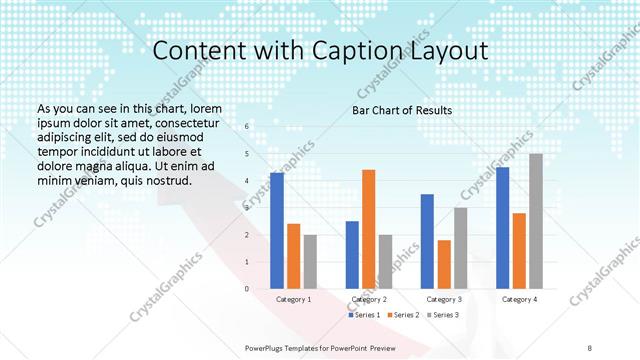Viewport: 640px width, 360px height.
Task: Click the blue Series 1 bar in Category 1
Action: (277, 231)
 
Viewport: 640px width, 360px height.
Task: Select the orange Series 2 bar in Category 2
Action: (369, 229)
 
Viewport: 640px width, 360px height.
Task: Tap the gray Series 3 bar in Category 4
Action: (536, 221)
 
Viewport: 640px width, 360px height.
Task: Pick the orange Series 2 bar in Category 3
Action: (444, 264)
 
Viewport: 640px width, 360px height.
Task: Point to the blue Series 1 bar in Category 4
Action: (502, 228)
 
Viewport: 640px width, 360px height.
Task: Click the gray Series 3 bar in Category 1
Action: (310, 262)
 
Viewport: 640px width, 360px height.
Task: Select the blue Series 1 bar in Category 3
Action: (427, 241)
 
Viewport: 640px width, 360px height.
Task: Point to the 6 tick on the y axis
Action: (247, 127)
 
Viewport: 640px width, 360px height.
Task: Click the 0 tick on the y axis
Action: (247, 289)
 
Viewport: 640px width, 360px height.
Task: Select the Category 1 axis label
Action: (293, 299)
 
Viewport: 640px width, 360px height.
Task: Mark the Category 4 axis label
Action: (519, 299)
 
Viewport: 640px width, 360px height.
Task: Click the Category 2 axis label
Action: (368, 299)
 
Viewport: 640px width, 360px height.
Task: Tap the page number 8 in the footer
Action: (590, 347)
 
